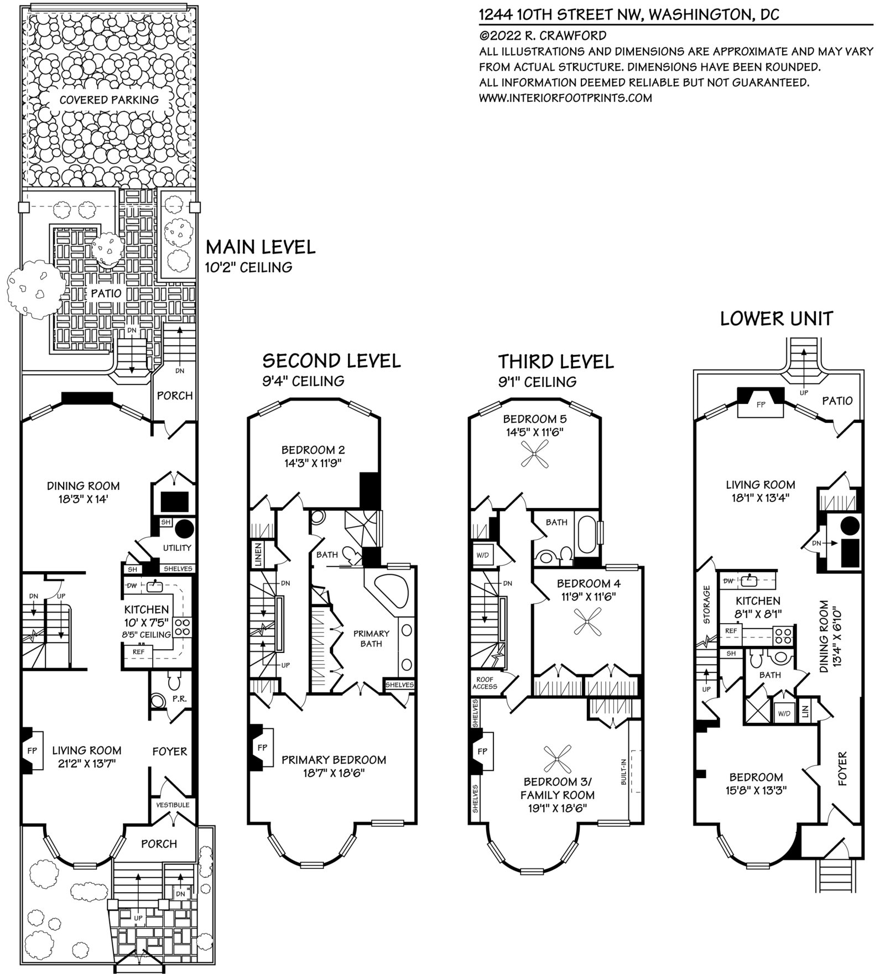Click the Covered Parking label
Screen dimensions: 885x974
point(109,100)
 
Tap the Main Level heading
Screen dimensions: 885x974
point(261,247)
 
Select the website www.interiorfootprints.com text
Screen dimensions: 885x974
point(565,98)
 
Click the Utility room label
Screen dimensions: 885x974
point(177,548)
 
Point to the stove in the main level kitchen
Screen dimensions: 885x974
point(183,627)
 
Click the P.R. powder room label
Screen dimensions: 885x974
point(179,699)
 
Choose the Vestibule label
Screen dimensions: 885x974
point(173,805)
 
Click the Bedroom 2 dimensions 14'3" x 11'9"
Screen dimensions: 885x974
point(313,463)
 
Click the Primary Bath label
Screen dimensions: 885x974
point(371,638)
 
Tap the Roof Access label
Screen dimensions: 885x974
point(485,683)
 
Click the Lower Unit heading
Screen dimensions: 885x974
point(776,319)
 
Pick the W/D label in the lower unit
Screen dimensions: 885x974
point(784,713)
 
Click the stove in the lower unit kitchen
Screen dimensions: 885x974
point(784,634)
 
